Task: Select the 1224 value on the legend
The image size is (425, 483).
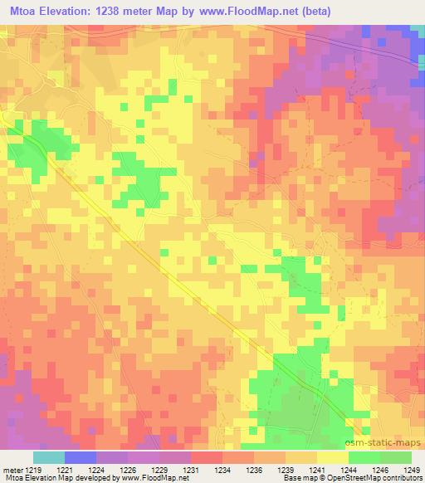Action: tap(106, 469)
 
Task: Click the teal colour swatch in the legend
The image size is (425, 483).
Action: tap(48, 457)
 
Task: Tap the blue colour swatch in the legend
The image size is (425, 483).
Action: tap(80, 457)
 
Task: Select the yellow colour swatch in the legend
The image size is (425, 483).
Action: tap(332, 457)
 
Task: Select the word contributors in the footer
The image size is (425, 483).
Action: tap(400, 478)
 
